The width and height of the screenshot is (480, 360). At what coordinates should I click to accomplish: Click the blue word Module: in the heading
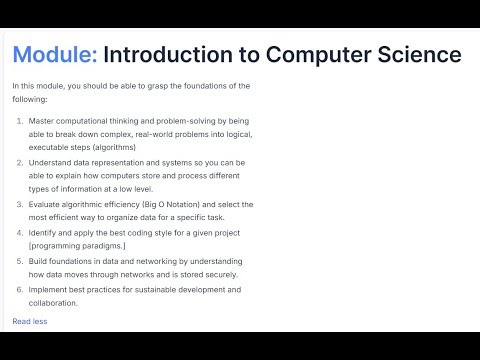(x=55, y=54)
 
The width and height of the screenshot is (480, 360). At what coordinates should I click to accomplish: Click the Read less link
(x=30, y=321)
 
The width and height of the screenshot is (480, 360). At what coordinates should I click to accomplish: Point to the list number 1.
(x=20, y=120)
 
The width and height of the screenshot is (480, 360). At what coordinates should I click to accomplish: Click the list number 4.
(x=20, y=233)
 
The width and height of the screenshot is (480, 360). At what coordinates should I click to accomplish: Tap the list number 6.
(x=20, y=290)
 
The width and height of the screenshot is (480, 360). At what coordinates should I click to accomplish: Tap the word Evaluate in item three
(x=46, y=204)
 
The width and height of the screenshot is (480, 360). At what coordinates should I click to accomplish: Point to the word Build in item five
(x=38, y=261)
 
